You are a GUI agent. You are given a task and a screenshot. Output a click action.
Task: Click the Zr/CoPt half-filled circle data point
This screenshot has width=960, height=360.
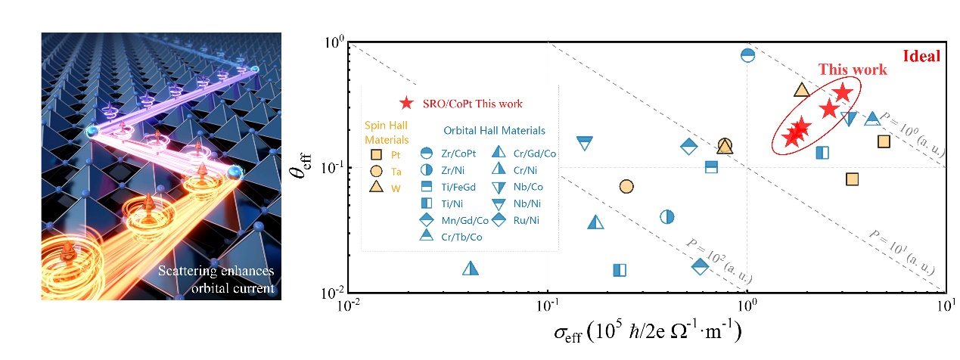tap(747, 55)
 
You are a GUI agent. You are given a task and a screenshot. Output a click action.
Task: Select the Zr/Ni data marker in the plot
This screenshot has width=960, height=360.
tap(666, 217)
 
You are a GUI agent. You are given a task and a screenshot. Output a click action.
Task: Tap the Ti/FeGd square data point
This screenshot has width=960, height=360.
tap(711, 166)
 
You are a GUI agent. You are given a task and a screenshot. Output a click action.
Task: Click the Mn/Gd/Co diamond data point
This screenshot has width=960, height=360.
tap(688, 147)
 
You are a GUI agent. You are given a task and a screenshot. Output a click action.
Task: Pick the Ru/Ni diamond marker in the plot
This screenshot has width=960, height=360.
tap(700, 265)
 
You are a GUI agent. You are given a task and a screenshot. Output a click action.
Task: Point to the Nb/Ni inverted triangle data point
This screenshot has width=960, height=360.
tap(584, 143)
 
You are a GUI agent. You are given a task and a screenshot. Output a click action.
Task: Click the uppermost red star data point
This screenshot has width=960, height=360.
tap(842, 93)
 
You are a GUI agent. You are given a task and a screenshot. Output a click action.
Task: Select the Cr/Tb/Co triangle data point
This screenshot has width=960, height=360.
tap(871, 119)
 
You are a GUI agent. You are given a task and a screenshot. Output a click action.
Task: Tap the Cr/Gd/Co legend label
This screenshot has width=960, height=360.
tap(536, 154)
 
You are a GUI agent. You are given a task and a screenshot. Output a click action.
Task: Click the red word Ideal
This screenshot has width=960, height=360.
tap(921, 56)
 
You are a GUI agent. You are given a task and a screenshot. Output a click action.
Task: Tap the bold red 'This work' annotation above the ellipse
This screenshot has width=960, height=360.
tap(852, 70)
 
